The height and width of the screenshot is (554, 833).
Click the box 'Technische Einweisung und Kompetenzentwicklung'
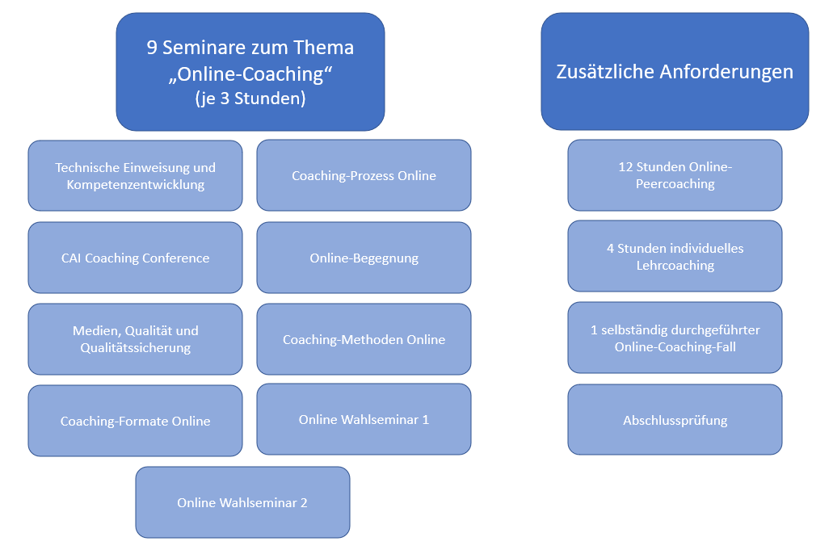(x=135, y=176)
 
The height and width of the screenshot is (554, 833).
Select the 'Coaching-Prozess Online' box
(x=364, y=175)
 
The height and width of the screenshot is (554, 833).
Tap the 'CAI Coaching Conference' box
(x=135, y=258)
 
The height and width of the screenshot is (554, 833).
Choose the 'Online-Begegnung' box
(x=364, y=258)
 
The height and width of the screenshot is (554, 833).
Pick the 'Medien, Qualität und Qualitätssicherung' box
(x=135, y=339)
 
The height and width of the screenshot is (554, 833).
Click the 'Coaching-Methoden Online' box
(x=364, y=339)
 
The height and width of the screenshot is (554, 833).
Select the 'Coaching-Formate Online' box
(x=135, y=421)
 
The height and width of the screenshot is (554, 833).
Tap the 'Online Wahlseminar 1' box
(x=364, y=419)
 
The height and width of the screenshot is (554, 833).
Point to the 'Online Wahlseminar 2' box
(x=242, y=502)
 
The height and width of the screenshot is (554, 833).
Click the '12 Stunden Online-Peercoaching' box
(x=675, y=175)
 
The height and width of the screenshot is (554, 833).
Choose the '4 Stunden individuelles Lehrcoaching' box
(x=675, y=256)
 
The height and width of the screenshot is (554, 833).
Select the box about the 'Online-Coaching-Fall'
(x=675, y=338)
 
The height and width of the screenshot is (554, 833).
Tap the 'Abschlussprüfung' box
(x=675, y=420)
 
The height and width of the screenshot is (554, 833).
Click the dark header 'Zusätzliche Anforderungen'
(x=675, y=71)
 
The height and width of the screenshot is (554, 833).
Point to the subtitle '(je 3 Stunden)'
(x=250, y=99)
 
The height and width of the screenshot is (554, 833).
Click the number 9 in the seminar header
(x=152, y=48)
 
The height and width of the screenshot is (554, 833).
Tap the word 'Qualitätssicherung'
(x=135, y=348)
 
